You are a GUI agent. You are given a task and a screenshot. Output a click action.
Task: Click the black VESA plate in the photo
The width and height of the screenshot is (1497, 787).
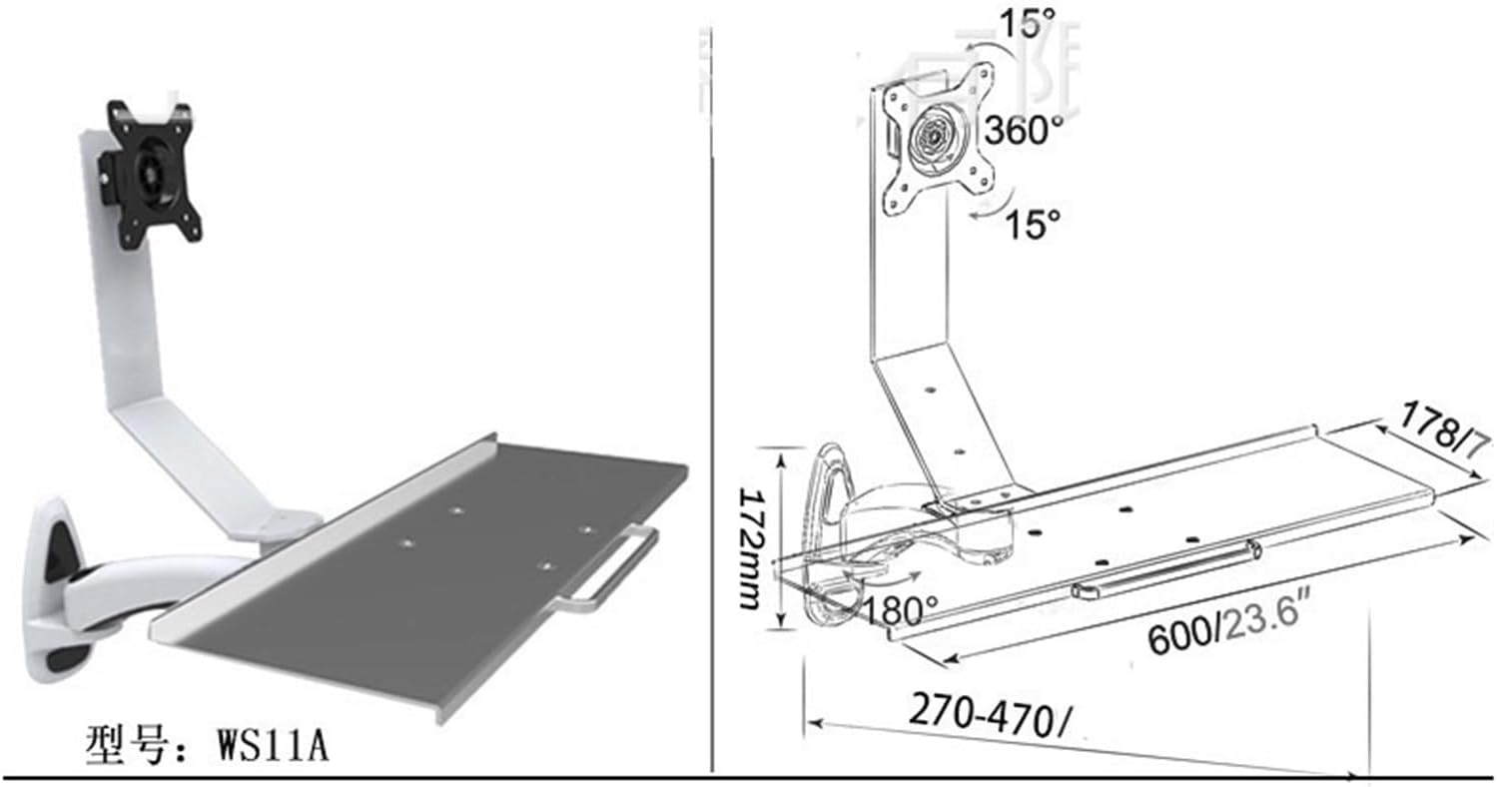point(153,174)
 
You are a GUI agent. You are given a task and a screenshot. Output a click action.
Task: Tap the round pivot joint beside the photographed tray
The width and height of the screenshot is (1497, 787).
point(291,520)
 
